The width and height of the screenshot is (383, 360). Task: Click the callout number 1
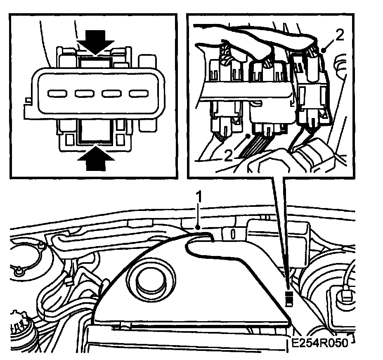pos(199,198)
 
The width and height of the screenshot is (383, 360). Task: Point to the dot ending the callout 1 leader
pos(199,226)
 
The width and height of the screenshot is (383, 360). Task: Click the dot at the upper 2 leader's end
pos(324,50)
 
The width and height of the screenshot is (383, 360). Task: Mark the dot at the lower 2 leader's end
pos(247,135)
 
